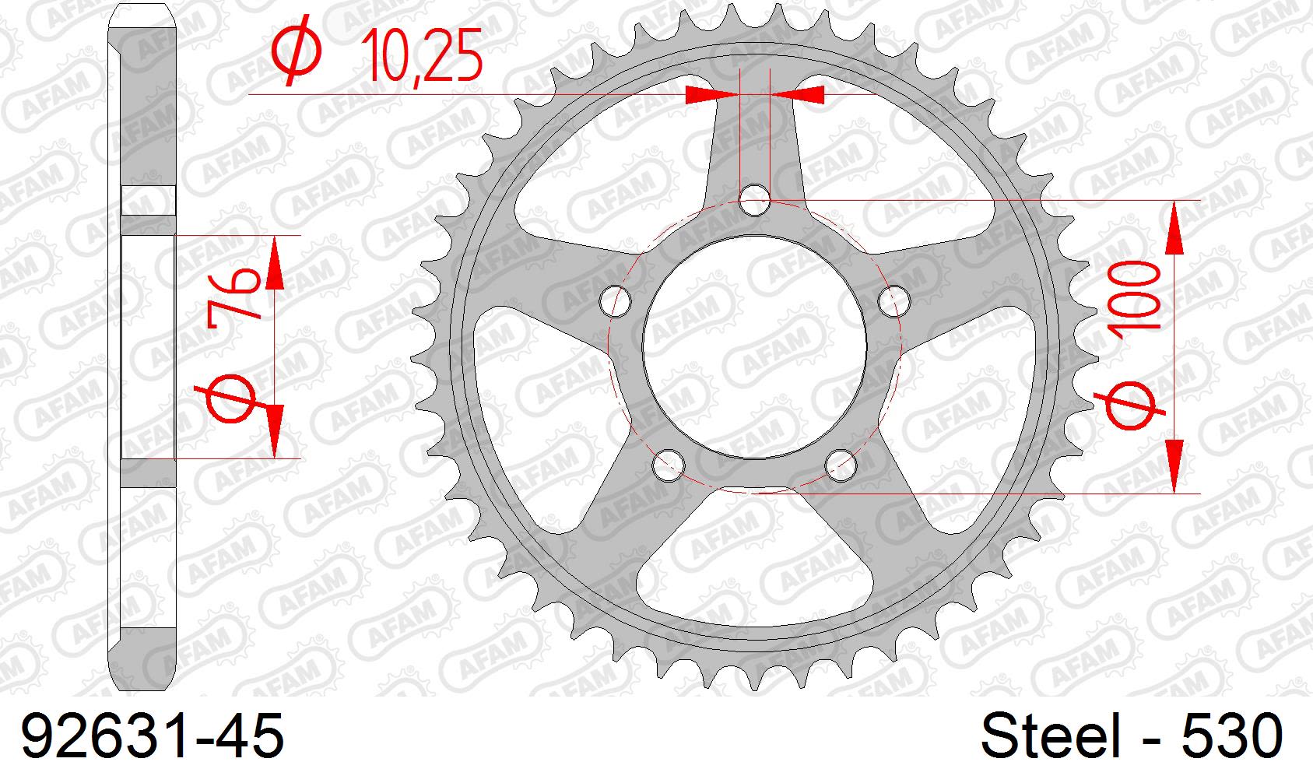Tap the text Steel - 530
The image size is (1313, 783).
tap(1130, 736)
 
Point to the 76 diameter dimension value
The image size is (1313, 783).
tap(234, 293)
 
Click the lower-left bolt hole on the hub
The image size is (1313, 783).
tap(668, 465)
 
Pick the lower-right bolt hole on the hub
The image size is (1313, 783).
tap(841, 465)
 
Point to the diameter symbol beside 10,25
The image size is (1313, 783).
tap(296, 48)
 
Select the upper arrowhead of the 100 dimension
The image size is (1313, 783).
tap(1174, 226)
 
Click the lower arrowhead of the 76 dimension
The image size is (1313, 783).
tap(274, 432)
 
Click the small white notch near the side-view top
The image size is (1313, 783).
tap(149, 200)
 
